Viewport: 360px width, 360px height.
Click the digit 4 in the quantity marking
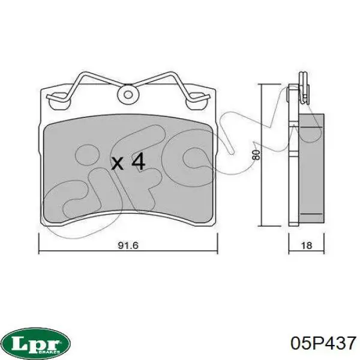tap(137, 161)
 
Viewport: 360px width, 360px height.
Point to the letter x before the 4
tap(118, 163)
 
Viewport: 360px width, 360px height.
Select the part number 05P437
tap(323, 343)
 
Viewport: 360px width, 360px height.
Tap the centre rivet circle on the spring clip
tap(127, 94)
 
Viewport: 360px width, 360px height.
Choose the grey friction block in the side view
tap(311, 168)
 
